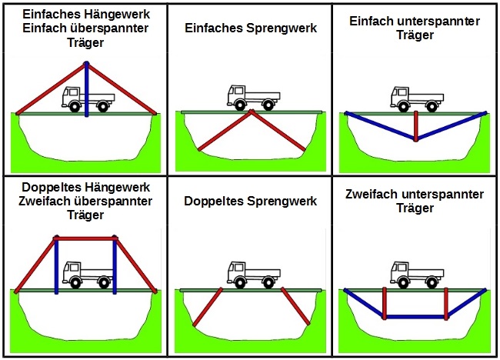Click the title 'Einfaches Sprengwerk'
click(x=250, y=28)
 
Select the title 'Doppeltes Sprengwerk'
click(x=250, y=202)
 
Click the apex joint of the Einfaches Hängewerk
click(x=87, y=64)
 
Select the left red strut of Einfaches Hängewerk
click(x=51, y=88)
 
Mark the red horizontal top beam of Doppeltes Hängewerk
click(x=86, y=238)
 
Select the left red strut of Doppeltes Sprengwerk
click(x=208, y=307)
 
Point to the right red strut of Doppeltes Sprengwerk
click(x=295, y=307)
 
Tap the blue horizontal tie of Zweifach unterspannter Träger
click(x=415, y=316)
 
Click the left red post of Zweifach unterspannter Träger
click(x=385, y=302)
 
